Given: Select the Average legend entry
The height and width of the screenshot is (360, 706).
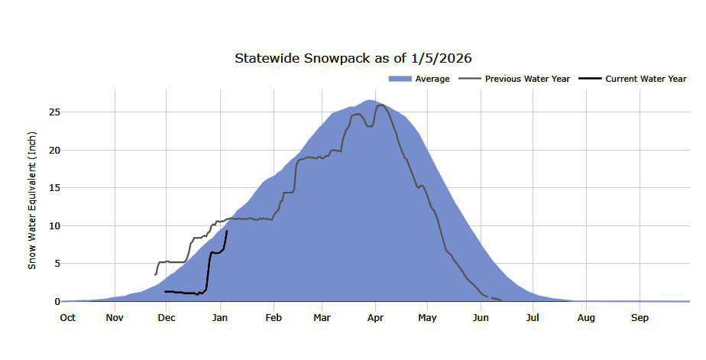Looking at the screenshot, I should pos(432,79).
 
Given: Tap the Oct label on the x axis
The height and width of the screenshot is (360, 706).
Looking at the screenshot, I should pos(68,317).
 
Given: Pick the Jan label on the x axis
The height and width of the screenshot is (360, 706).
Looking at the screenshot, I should pos(220,317).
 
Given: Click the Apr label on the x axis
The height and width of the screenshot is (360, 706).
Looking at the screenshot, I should pos(375,317).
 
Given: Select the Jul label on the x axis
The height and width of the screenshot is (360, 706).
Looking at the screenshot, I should pos(533,317).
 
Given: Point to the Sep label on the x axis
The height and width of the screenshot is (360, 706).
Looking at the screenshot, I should pos(639,317).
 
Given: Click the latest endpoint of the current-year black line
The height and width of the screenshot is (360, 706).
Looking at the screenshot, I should pos(227,231).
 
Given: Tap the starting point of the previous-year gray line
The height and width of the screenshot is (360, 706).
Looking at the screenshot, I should pos(155,274).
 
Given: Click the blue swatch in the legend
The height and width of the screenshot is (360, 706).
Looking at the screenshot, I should pos(400,79).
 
